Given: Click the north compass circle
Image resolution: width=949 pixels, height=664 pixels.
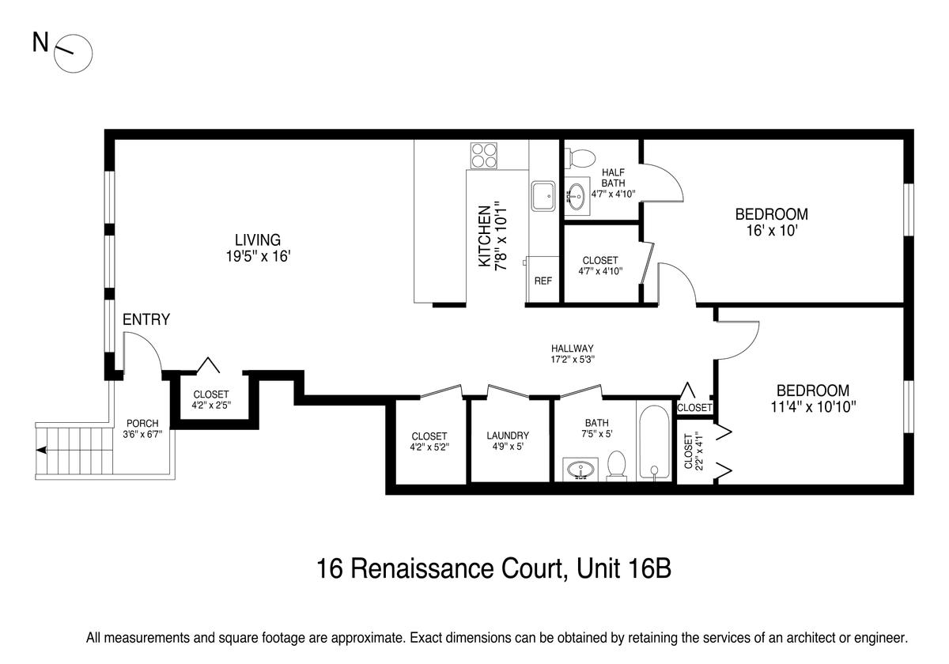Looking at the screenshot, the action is tap(74, 36).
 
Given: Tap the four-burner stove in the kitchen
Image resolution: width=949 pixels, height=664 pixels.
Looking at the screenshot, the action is tap(484, 156).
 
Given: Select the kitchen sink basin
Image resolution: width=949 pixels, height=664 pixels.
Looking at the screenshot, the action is tap(543, 196).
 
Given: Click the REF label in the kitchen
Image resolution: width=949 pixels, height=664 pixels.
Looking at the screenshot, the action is tap(543, 281).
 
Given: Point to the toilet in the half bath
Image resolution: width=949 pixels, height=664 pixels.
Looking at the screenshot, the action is tap(580, 158).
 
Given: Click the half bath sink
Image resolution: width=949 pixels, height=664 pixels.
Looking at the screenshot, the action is tap(577, 197).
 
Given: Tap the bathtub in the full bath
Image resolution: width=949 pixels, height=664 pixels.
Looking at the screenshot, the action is tap(654, 443).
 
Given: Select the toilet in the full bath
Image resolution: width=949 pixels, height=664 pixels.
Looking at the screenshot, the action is tap(616, 466).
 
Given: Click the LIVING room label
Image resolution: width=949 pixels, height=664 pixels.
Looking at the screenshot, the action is tap(258, 240).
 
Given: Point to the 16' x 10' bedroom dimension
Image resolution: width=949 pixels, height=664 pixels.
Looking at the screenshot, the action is tap(772, 231).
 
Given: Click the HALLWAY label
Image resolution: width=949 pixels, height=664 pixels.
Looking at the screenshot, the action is tap(573, 349).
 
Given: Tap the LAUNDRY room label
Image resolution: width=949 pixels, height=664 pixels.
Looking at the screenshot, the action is tap(508, 436).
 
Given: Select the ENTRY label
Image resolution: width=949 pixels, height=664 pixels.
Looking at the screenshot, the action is tap(146, 319).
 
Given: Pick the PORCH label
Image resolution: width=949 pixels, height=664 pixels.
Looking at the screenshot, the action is tap(142, 424).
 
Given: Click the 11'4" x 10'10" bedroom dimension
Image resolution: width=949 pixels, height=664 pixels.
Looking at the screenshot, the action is tap(813, 407).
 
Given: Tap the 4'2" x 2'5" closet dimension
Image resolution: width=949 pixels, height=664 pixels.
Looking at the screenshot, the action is tap(211, 405).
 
